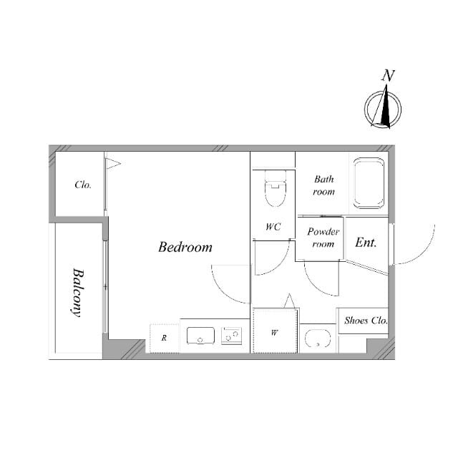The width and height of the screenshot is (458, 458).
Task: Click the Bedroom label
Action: (185, 247)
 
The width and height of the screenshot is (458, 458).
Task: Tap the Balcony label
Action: (78, 293)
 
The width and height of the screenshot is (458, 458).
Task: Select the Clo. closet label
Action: (83, 185)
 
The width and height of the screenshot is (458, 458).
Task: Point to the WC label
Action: (273, 226)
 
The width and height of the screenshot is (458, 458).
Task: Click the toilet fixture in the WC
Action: (275, 189)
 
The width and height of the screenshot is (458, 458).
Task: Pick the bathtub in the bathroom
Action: (369, 183)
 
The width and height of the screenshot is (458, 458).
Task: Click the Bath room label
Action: (324, 185)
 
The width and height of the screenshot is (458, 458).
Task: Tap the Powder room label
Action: (323, 238)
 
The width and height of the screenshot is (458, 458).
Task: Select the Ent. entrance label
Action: (366, 243)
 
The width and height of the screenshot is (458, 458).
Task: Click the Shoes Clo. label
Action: (366, 321)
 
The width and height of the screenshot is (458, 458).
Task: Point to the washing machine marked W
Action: (275, 331)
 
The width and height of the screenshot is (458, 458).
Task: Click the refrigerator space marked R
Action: (165, 338)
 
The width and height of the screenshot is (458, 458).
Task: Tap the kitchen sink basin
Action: (200, 336)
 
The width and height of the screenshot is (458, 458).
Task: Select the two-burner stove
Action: (231, 336)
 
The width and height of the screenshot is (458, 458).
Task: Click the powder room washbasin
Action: (318, 338)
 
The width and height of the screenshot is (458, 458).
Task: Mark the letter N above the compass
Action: (388, 75)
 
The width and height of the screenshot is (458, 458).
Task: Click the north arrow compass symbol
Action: (383, 107)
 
